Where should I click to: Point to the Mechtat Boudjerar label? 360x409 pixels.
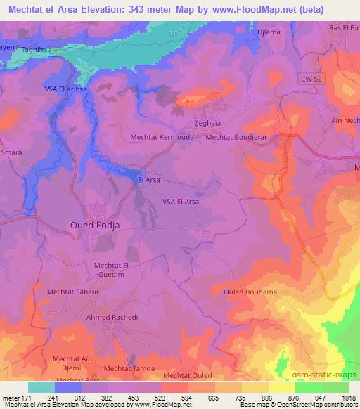coord(238,138)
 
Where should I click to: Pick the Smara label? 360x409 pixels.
coord(11,152)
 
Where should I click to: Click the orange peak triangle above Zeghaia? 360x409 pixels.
coord(187,100)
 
